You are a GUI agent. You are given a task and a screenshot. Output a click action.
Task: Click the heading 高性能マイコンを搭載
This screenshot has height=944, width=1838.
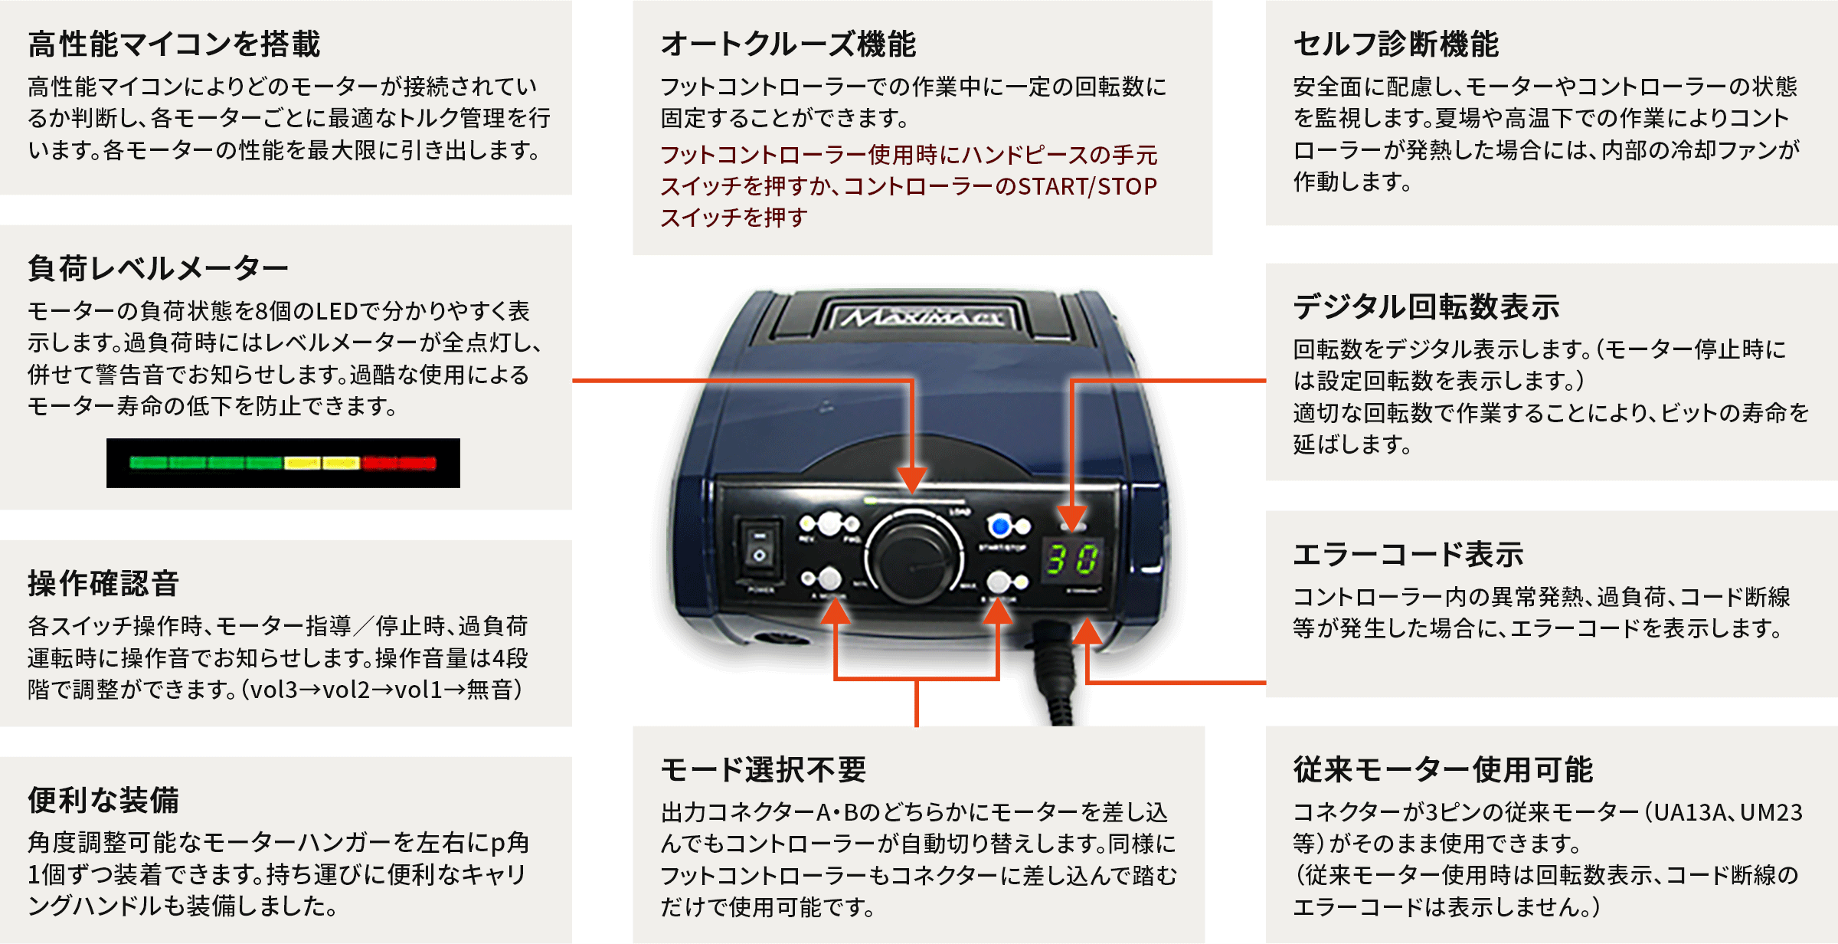point(174,44)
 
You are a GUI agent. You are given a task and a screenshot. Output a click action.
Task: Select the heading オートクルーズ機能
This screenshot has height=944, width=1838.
point(788,44)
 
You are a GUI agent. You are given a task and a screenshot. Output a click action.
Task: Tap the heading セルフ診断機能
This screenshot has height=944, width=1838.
point(1395,44)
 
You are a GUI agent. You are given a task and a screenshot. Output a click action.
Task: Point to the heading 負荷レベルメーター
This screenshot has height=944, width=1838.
point(158,268)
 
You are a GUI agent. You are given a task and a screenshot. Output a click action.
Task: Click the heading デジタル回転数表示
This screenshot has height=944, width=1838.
point(1426,306)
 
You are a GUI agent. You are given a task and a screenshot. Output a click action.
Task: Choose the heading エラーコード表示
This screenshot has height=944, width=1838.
point(1408,554)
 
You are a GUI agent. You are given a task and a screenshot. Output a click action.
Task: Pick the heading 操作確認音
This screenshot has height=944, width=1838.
point(103,583)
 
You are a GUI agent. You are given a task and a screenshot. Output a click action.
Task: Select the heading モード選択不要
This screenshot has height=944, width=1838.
point(763,769)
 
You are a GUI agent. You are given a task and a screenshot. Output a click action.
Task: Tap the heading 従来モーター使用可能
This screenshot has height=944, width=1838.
point(1443,769)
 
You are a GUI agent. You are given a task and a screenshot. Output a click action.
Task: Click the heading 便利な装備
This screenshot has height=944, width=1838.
point(103,800)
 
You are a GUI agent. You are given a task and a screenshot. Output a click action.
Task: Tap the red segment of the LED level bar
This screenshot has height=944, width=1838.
point(398,463)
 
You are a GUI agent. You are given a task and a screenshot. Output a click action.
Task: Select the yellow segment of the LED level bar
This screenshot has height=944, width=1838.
point(322,463)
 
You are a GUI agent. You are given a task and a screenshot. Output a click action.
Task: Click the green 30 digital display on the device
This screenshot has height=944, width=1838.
point(1073,559)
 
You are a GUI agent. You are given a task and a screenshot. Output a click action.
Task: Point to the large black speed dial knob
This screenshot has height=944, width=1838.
point(914,559)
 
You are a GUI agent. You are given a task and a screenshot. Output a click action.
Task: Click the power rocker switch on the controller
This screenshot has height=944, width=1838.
point(759,548)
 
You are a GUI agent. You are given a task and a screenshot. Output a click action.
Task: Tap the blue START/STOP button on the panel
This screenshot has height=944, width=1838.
point(999,526)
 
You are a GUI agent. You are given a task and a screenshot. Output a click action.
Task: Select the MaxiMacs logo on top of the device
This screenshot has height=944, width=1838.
point(922,316)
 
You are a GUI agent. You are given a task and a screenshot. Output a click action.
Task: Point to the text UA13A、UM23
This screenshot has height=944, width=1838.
point(1728,812)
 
